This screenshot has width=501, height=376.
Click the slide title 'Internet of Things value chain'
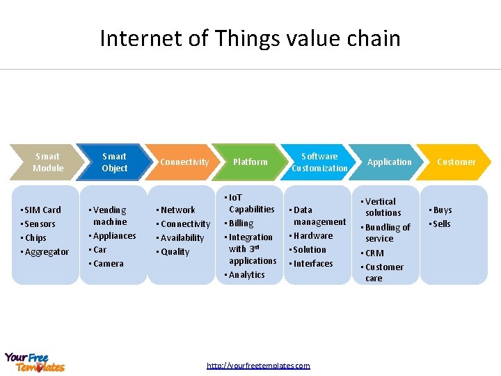coord(250,38)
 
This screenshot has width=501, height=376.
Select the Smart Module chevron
coord(47,162)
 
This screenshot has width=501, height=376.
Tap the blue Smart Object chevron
coord(115,162)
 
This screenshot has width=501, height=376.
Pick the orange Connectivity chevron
coord(184,162)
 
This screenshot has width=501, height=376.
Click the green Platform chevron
coord(250,162)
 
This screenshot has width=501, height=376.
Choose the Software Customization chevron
coord(319,162)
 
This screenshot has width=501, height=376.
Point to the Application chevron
coord(389,162)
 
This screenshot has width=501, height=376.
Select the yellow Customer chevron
coord(456,162)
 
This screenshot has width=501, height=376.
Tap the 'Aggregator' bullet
coord(47,251)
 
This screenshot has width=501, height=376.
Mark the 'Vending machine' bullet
coord(109,216)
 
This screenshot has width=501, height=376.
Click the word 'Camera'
coord(108,263)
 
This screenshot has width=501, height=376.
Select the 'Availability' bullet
coord(182,237)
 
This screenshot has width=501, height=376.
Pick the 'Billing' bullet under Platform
coord(241,224)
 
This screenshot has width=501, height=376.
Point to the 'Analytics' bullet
coord(246,274)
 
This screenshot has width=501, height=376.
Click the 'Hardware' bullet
coord(313,235)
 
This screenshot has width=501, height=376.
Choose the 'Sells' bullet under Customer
coord(441,224)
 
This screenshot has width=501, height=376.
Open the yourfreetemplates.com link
coord(258,366)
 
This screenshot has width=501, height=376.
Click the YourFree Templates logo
coord(35,362)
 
